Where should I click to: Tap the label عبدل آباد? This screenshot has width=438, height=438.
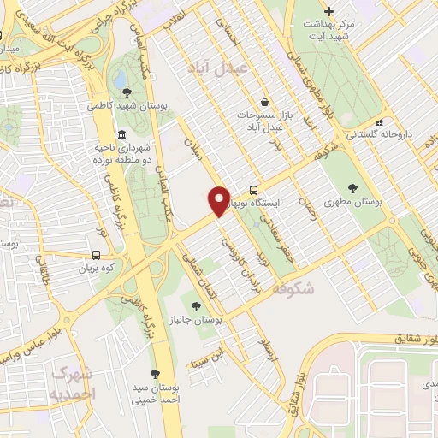(241, 68)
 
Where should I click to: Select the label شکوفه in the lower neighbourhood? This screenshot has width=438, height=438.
(295, 290)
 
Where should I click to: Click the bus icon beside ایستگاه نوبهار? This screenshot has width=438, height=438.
(254, 190)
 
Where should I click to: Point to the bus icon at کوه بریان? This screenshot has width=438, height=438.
(96, 255)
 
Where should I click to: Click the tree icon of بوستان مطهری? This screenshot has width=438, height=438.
(354, 189)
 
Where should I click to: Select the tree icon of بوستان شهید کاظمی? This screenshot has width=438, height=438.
(127, 92)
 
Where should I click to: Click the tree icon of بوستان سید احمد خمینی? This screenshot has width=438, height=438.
(155, 374)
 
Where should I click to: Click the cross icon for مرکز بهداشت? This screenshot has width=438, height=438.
(328, 11)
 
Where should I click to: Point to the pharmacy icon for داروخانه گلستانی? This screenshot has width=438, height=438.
(379, 121)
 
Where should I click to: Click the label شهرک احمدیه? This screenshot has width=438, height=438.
(73, 384)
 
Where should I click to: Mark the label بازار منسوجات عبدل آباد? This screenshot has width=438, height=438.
(265, 120)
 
